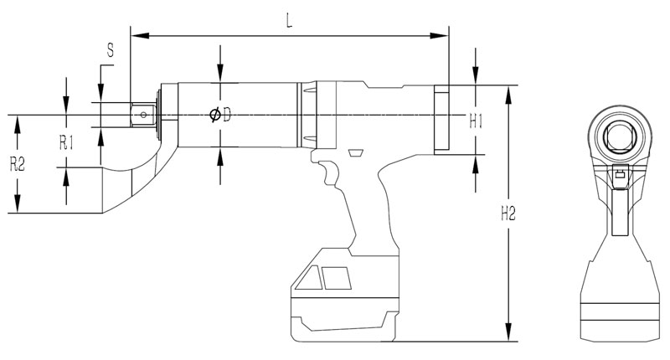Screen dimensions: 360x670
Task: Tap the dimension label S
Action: click(x=110, y=52)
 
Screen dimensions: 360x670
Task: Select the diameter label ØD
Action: click(x=220, y=116)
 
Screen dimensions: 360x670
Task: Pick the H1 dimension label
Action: click(x=477, y=121)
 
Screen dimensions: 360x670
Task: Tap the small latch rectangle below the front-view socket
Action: click(x=620, y=175)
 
